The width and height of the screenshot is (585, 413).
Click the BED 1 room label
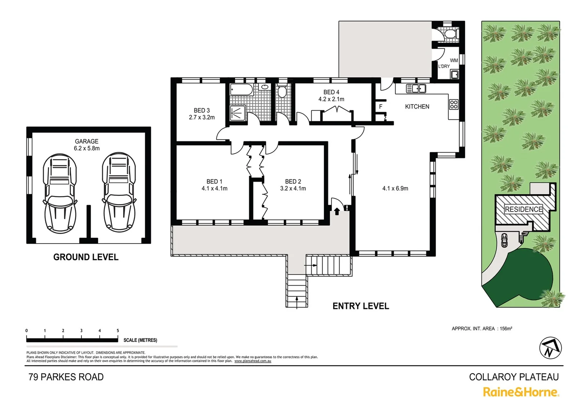pos(214,182)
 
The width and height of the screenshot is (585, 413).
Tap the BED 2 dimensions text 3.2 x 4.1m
pos(293,189)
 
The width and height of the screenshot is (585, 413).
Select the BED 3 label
pos(202,111)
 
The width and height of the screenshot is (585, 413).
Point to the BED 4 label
pos(331,92)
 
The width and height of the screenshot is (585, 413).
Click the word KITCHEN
pos(417,107)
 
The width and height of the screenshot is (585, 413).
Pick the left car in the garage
pos(59,193)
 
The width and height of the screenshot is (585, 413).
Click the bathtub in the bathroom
pos(241,90)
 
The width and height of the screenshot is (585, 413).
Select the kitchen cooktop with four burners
pos(454,104)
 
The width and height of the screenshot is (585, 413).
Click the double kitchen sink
pos(416,88)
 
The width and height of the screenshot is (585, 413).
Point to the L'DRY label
pos(444,67)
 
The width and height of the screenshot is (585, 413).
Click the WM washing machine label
pos(454,60)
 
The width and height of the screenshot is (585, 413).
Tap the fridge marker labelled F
pos(381,107)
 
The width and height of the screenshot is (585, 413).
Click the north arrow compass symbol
pos(550,347)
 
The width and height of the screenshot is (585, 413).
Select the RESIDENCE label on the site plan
pos(523,209)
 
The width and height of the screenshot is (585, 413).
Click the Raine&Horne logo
pos(521,392)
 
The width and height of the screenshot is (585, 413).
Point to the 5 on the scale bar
pos(118,331)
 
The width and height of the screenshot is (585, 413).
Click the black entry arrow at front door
pos(337,211)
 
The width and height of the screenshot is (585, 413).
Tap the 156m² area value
pos(506,328)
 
